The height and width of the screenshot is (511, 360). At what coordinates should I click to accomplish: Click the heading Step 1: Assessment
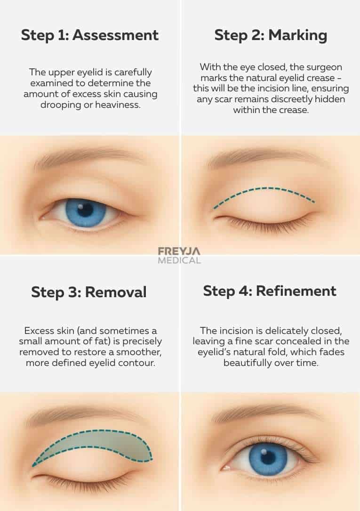click(x=89, y=35)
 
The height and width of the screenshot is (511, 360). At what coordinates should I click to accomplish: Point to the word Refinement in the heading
click(x=296, y=291)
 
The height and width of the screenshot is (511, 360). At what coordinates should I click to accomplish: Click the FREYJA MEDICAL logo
click(x=179, y=255)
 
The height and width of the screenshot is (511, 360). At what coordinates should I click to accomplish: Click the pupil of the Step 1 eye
click(x=85, y=210)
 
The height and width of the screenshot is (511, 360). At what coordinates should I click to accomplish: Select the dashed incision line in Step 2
click(x=264, y=190)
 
